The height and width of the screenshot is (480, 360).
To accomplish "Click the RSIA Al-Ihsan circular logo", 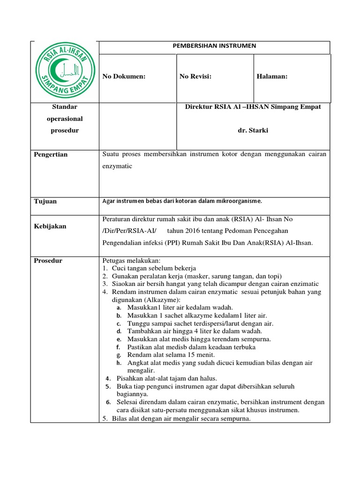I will coord(64,71).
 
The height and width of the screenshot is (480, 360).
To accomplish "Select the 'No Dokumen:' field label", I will coord(124,76).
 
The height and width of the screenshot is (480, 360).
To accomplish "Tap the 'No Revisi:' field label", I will coord(195,76).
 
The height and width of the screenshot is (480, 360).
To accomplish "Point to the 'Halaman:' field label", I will coord(272,76).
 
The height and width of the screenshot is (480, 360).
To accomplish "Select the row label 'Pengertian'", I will coord(51,154).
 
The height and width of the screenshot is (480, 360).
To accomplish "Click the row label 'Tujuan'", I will coord(45,201).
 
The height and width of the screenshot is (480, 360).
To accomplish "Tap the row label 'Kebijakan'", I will coord(50,226).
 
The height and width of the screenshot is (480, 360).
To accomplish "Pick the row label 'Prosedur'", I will coord(48,261).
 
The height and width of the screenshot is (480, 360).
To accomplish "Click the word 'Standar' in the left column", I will coord(64,107).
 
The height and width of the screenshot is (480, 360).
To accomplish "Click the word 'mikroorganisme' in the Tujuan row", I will coord(238,201).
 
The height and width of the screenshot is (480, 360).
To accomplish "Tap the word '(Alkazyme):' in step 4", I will coord(163,299).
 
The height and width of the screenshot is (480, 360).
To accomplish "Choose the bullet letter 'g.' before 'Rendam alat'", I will coord(119,355).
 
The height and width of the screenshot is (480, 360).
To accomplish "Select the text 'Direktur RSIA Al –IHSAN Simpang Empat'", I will coord(253,107).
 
